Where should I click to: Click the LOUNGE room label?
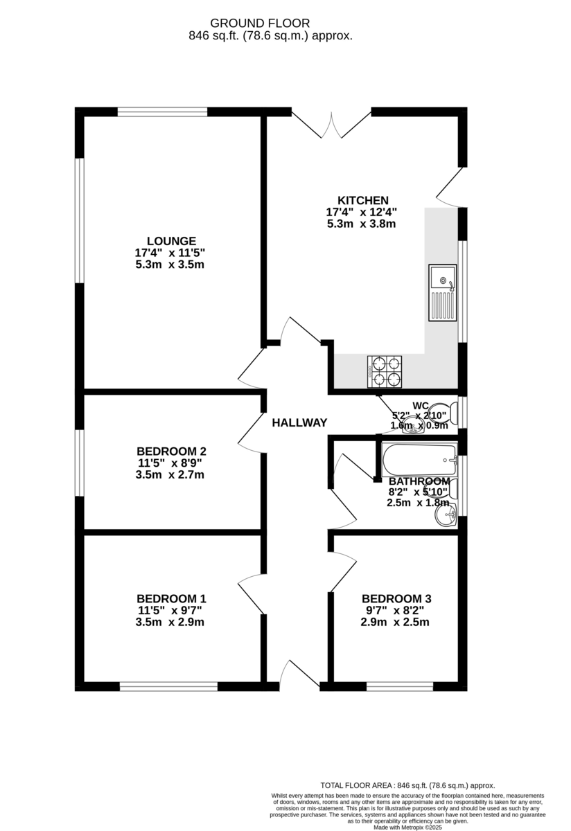170,241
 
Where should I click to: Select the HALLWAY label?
299,422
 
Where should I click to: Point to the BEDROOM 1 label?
170,598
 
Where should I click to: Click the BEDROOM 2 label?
170,452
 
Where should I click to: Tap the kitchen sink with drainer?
442,291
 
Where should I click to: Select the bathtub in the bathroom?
419,458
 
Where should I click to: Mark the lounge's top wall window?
162,111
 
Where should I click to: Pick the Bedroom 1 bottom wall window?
168,687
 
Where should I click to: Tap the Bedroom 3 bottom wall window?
400,687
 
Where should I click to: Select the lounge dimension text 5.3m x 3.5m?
170,265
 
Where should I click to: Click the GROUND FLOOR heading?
270,24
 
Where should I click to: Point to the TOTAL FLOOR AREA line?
407,785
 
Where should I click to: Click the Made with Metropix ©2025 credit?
407,827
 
